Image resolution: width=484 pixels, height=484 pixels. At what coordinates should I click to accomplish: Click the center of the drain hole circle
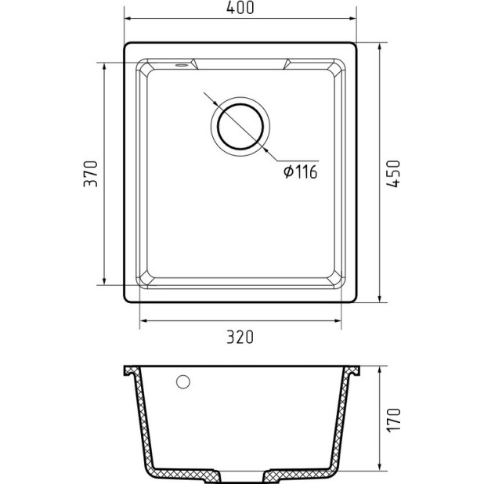tap(240, 125)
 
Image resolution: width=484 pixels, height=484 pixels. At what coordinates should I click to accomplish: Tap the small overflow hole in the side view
tap(184, 382)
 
